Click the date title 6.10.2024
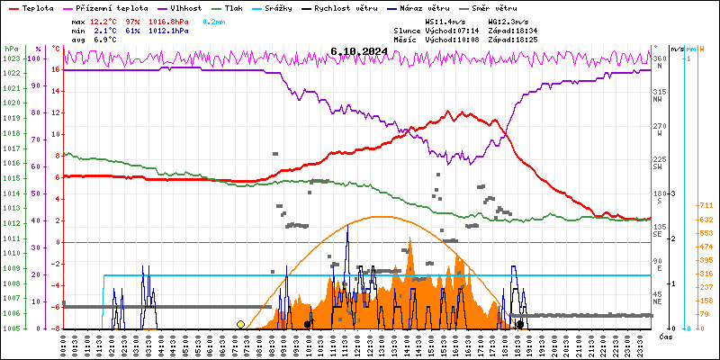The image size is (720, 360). (358, 52)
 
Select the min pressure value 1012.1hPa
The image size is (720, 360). (168, 31)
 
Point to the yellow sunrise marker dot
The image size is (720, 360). (240, 324)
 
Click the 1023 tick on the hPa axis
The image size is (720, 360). (11, 58)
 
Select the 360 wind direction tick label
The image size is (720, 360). (660, 58)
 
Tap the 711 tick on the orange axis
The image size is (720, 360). (706, 205)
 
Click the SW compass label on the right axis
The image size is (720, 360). (658, 167)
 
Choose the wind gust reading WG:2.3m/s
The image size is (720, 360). (508, 21)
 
